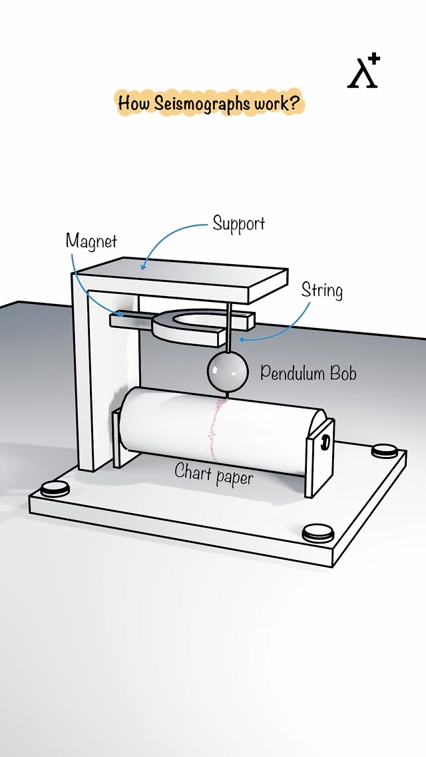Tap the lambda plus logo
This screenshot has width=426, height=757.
tap(363, 72)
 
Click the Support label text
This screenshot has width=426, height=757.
tap(239, 224)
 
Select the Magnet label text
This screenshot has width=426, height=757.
tap(91, 241)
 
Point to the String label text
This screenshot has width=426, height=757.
tap(322, 291)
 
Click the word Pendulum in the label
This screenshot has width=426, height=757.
tap(290, 373)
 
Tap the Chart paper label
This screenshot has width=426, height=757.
tap(214, 473)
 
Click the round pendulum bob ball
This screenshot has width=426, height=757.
tap(227, 371)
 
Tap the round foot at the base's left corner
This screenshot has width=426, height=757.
tap(55, 490)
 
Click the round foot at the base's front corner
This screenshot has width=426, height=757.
tap(317, 532)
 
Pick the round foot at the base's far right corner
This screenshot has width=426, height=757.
tap(385, 451)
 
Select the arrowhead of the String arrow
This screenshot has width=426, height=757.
tap(242, 340)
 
